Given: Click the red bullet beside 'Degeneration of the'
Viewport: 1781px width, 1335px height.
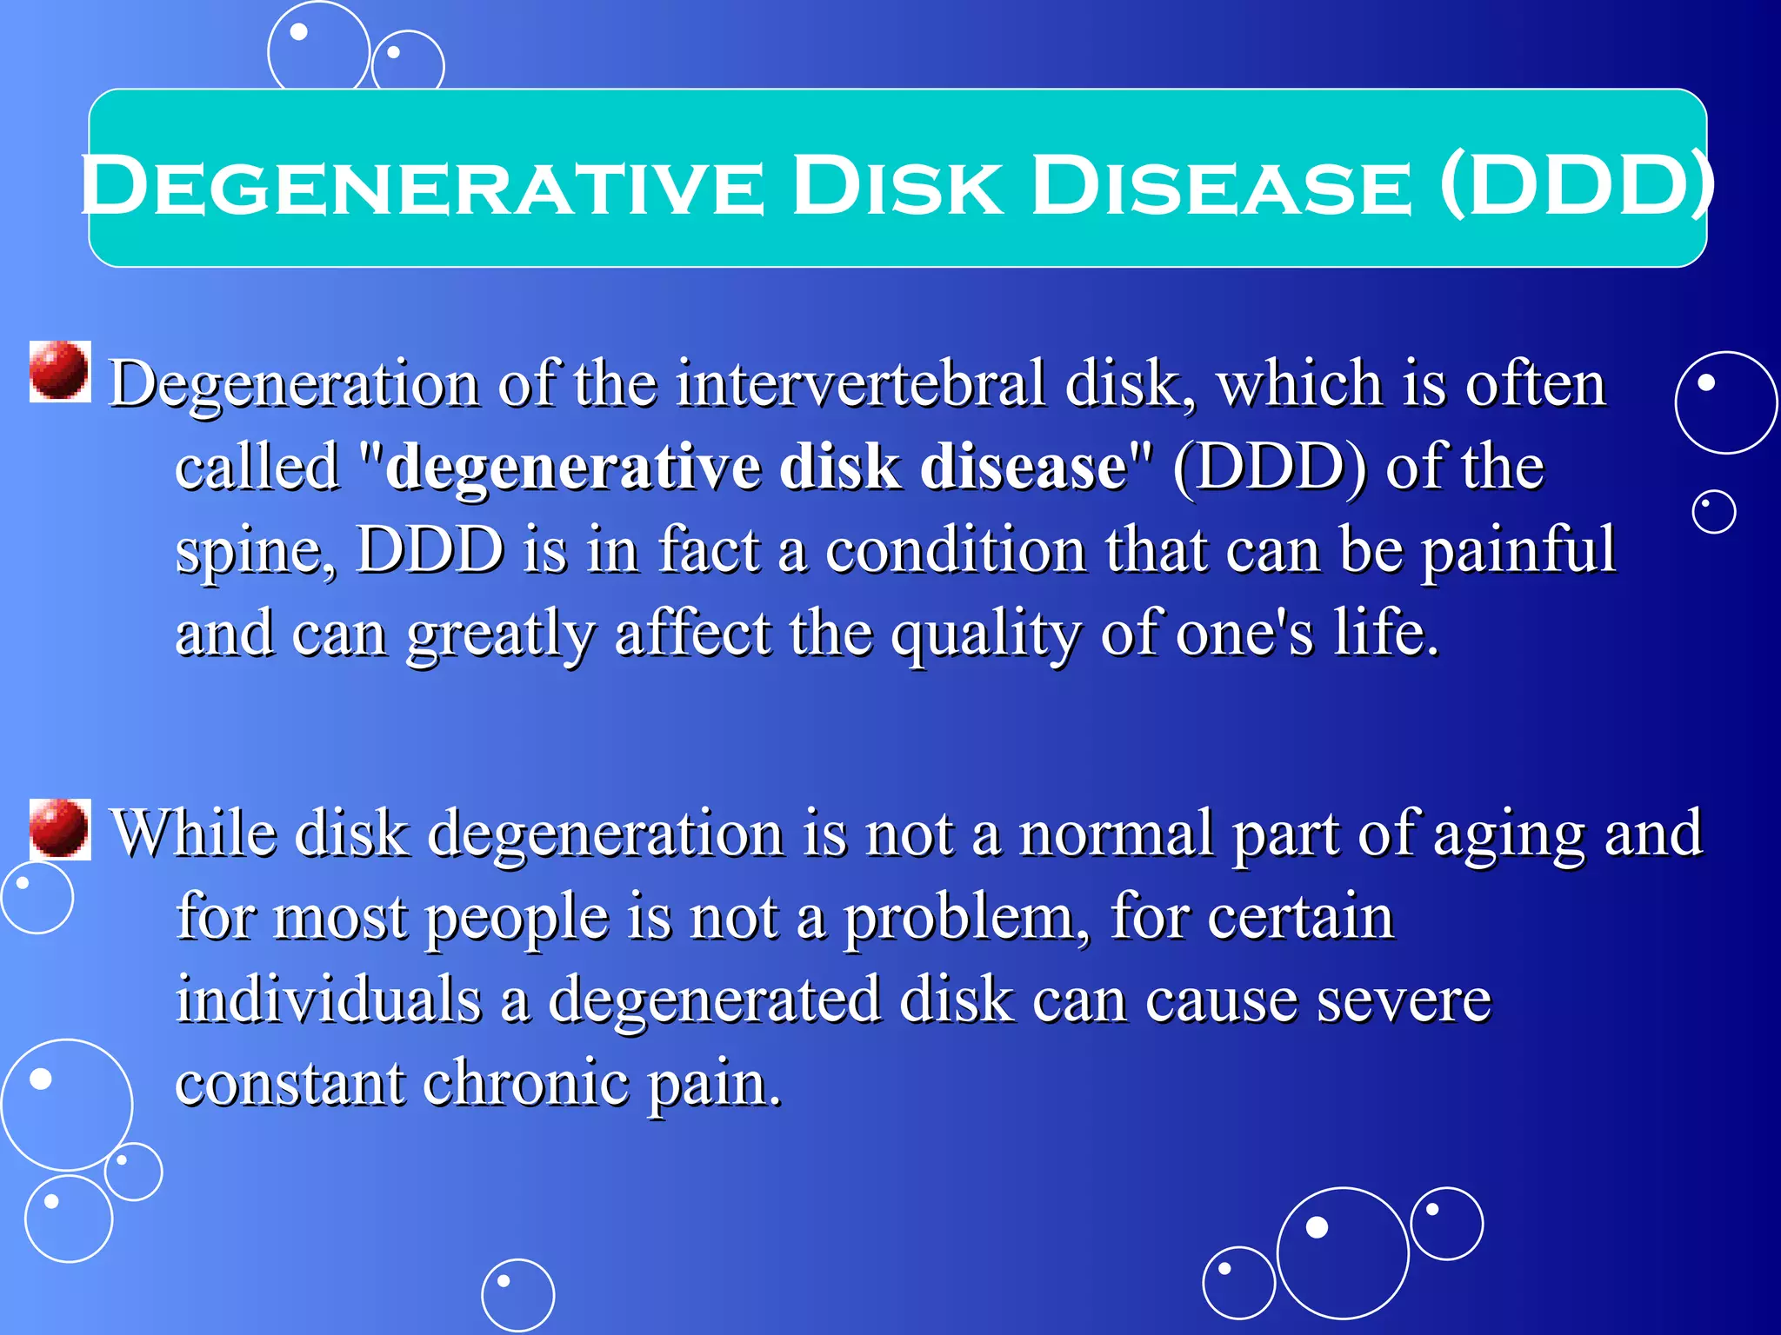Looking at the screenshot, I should (59, 371).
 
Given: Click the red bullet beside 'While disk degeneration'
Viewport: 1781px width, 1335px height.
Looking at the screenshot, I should (59, 829).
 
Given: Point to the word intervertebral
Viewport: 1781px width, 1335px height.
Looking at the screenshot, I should (860, 383).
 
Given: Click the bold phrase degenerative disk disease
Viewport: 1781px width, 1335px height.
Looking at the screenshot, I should (756, 467).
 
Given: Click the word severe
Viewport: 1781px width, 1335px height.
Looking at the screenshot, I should (1404, 999).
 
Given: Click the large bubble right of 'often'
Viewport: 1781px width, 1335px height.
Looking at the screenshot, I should (1725, 402).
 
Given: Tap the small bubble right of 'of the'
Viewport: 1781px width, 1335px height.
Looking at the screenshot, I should (1713, 511).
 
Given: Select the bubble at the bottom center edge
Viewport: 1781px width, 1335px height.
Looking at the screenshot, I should (517, 1295).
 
